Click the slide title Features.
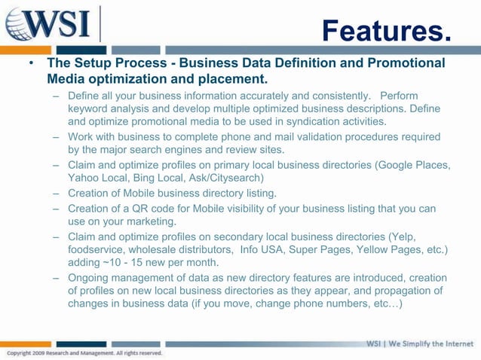coord(386,32)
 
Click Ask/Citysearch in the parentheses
coord(228,178)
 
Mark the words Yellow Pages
coord(392,249)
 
